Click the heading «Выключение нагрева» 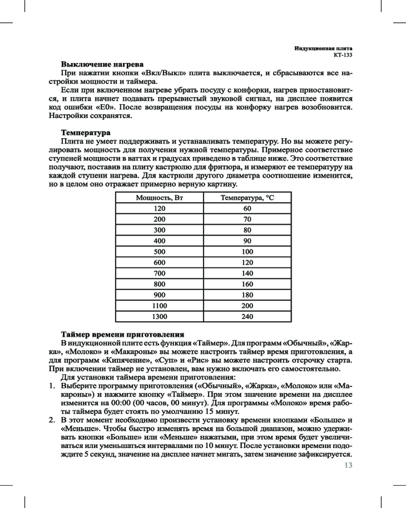pos(102,65)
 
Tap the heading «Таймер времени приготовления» pos(122,335)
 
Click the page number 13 pos(348,465)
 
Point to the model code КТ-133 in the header pos(343,55)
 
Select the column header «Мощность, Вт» pos(159,198)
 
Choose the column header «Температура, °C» pos(247,198)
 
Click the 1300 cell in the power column pos(159,316)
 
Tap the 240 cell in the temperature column pos(247,316)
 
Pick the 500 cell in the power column pos(159,251)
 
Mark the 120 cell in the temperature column pos(247,263)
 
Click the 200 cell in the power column pos(159,219)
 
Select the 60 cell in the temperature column pos(247,208)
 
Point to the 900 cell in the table pos(159,295)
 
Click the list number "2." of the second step pos(52,421)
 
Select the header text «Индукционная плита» pos(324,48)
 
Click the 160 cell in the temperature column pos(247,284)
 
